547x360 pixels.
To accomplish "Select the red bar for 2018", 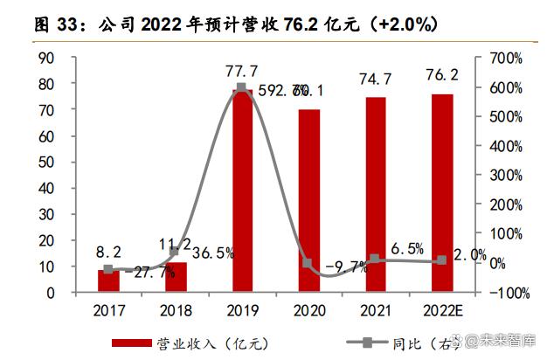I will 175,277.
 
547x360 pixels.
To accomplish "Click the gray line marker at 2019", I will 241,88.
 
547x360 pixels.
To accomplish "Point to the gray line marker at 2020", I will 308,263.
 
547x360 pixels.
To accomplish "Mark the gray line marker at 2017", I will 108,270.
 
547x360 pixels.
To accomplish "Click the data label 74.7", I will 374,78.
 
